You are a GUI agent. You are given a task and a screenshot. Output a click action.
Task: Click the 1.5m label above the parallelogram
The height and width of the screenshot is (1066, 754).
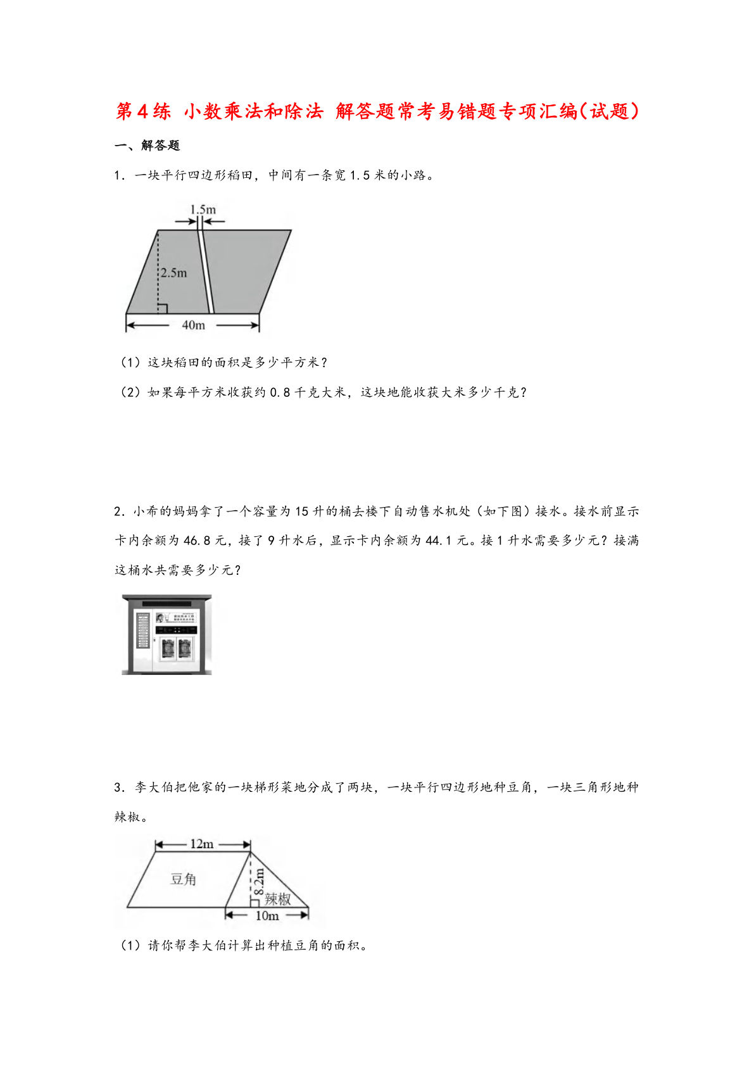click(203, 209)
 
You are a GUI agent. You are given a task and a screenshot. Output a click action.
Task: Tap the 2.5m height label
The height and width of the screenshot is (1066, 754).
click(173, 273)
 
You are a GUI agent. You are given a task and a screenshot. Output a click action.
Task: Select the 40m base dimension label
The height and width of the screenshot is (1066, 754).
click(193, 325)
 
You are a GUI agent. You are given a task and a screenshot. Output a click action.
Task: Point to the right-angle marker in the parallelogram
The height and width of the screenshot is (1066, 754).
click(162, 308)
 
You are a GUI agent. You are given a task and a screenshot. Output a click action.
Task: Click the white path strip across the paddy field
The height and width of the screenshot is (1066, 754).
click(206, 272)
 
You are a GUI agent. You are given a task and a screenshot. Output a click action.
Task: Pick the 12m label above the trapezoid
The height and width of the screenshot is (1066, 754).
click(202, 844)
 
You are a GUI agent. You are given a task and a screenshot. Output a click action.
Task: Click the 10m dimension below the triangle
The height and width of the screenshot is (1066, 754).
click(267, 915)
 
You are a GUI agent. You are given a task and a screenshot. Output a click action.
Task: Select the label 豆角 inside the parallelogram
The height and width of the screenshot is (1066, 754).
click(184, 879)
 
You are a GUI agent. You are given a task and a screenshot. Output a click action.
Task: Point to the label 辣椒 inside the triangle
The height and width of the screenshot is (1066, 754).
click(277, 899)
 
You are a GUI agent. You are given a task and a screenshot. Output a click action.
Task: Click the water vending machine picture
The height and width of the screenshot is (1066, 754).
click(167, 634)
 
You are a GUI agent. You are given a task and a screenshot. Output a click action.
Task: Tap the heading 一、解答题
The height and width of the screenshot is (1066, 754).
click(148, 146)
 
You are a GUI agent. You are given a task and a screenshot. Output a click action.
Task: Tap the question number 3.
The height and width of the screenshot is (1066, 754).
click(118, 787)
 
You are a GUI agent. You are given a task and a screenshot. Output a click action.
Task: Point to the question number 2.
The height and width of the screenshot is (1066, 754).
click(118, 511)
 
